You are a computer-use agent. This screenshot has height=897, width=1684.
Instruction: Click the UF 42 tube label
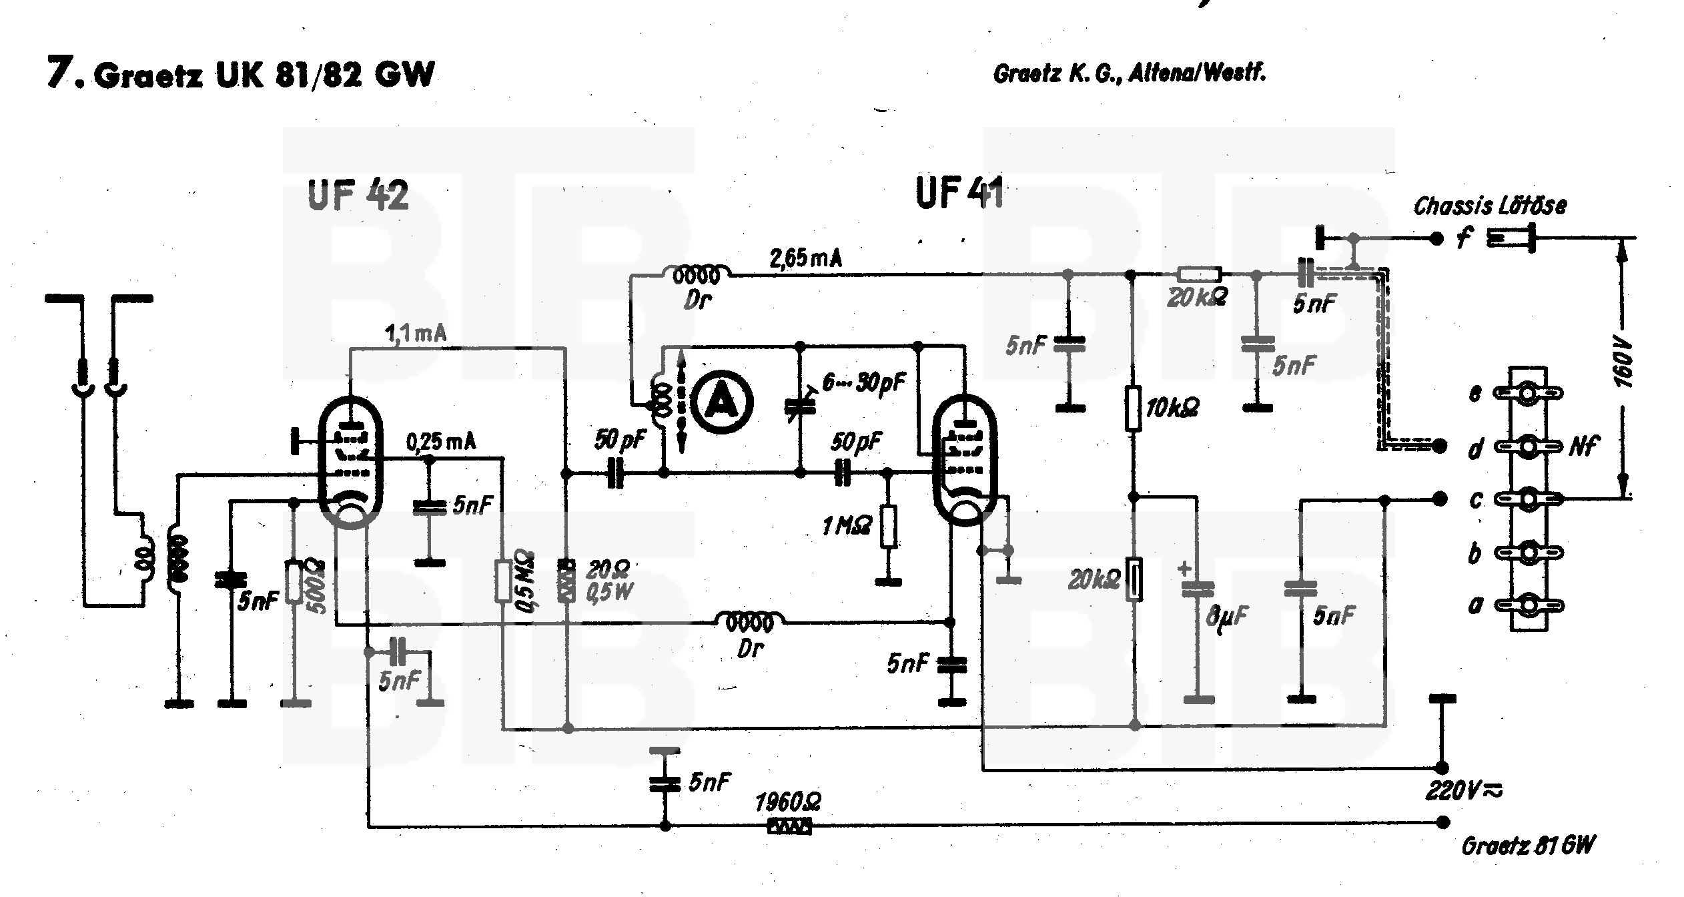tap(358, 196)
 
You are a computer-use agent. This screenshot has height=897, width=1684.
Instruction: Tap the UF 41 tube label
tap(959, 194)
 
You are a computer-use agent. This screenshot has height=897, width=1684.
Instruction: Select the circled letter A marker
tap(722, 402)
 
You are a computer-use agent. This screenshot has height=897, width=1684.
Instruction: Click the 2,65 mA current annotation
tap(805, 259)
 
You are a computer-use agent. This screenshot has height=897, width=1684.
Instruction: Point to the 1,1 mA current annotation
tap(415, 333)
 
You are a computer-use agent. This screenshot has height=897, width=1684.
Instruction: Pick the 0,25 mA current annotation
tap(441, 442)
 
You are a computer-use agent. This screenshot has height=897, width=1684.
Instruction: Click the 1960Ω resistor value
tap(788, 802)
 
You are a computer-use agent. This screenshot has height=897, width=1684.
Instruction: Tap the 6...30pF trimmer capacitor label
tap(864, 383)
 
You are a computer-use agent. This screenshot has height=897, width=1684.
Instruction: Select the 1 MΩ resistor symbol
tap(888, 527)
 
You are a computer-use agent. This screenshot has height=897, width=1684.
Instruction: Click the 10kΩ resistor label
tap(1172, 408)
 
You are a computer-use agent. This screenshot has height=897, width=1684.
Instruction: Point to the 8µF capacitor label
tap(1227, 617)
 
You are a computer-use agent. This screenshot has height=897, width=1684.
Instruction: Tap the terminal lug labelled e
tap(1527, 394)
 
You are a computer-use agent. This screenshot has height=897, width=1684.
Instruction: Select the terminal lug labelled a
tap(1527, 605)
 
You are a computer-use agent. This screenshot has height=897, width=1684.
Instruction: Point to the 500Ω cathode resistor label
tap(317, 586)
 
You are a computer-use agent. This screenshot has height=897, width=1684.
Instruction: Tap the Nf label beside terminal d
tap(1584, 446)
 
